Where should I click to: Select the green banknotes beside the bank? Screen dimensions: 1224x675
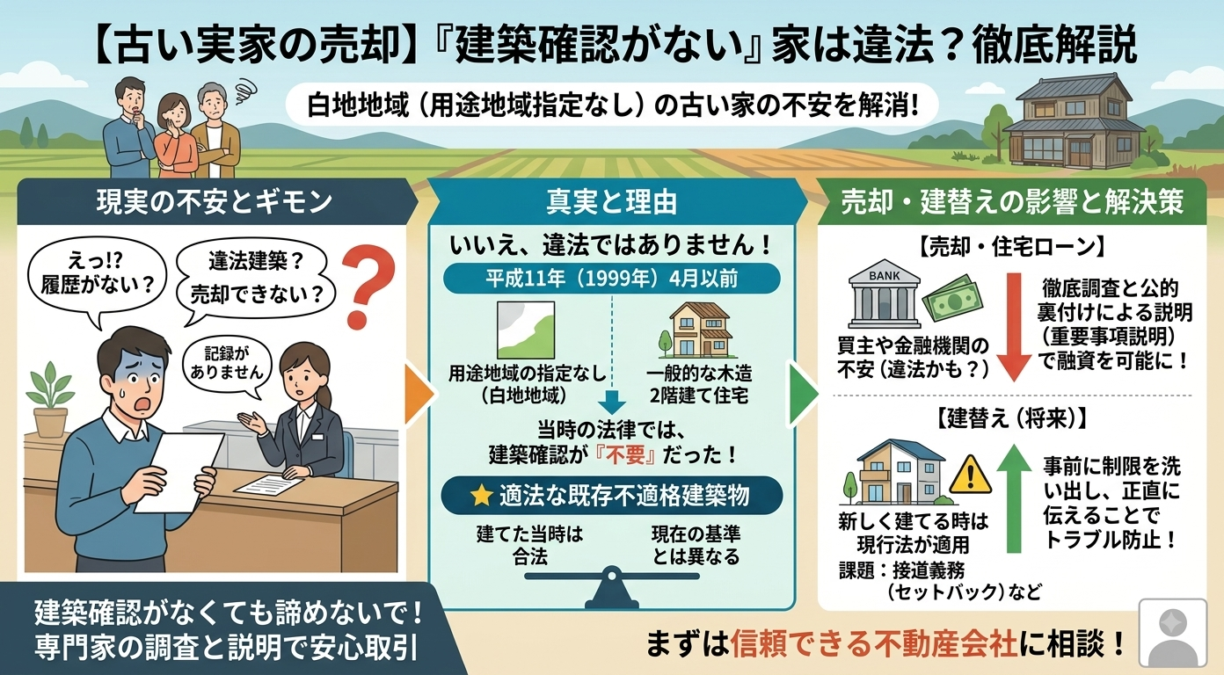click(952, 299)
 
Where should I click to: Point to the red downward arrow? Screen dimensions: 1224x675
click(1014, 327)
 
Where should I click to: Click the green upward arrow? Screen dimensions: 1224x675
click(1014, 498)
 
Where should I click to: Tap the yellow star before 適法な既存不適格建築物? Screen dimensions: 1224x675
click(481, 496)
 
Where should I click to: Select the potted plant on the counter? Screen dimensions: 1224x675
click(50, 399)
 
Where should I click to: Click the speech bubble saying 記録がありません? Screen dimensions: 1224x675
click(228, 366)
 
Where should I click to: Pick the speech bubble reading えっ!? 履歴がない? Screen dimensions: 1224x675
click(96, 277)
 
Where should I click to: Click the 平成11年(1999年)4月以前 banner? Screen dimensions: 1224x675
click(611, 279)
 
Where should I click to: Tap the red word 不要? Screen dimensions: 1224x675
click(626, 455)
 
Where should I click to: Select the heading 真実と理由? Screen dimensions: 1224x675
click(611, 202)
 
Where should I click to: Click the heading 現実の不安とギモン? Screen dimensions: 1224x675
click(215, 201)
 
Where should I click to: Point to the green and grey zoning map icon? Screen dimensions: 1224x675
click(526, 330)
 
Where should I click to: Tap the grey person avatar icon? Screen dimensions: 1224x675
click(1173, 633)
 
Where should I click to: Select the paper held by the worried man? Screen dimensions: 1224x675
click(178, 472)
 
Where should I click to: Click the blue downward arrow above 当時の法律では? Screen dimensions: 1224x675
click(612, 402)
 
